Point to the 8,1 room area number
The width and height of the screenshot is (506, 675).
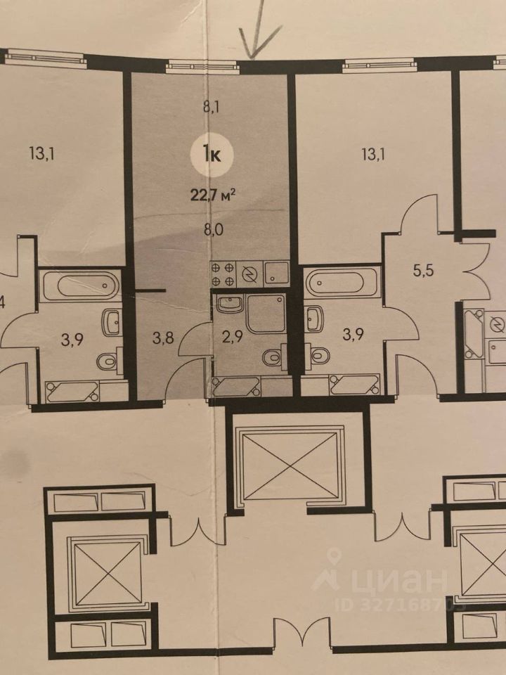pos(212,108)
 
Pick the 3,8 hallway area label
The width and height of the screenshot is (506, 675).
pos(164,335)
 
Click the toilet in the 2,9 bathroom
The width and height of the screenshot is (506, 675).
pos(273,357)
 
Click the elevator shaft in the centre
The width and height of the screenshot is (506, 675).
pos(291,465)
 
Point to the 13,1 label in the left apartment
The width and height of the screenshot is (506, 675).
pos(42,150)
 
